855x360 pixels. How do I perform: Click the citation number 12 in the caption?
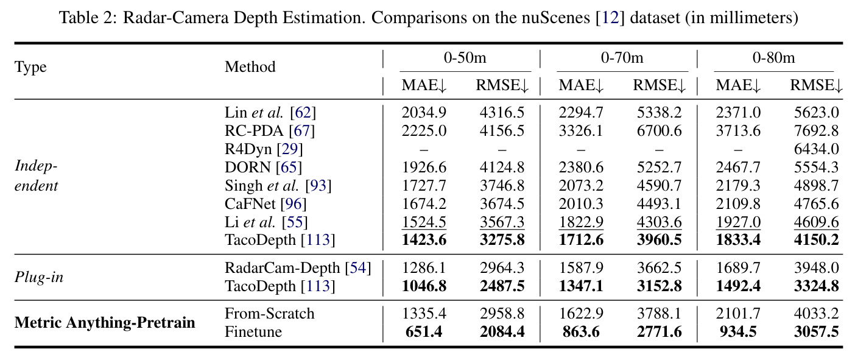click(x=610, y=18)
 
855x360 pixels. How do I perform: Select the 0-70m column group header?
click(x=622, y=58)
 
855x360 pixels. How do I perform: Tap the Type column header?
click(x=30, y=67)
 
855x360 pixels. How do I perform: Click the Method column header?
click(x=250, y=67)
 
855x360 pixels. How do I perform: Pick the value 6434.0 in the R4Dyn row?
click(x=816, y=149)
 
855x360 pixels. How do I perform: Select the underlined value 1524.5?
click(x=424, y=222)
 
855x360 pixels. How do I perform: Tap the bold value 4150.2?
click(x=816, y=240)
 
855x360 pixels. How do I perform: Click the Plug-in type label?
click(x=39, y=277)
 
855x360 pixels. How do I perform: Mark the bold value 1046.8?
click(x=424, y=286)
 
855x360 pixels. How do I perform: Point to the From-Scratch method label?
click(x=270, y=314)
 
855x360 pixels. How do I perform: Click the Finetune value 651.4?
click(x=424, y=332)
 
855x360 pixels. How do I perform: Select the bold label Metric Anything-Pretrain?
click(x=105, y=323)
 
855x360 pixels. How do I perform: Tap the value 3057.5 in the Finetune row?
click(x=816, y=332)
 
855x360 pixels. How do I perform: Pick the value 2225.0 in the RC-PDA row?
click(x=424, y=130)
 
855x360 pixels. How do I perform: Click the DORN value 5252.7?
click(x=659, y=168)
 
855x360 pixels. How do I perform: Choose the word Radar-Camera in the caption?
click(x=177, y=18)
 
